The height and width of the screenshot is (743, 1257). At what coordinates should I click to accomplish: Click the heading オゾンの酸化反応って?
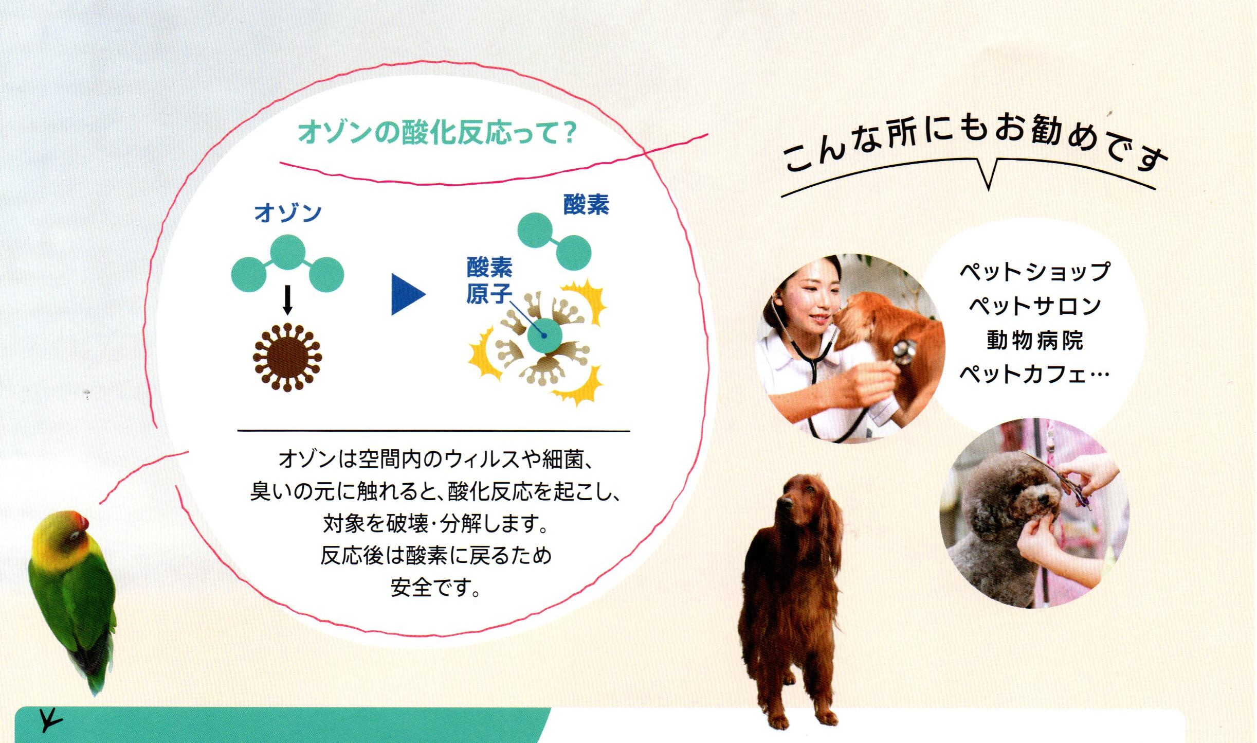438,133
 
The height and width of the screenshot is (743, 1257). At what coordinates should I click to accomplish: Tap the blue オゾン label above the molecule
288,213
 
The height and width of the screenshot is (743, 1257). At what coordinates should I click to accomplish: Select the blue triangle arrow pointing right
408,294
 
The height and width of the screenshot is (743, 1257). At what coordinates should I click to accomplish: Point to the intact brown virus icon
287,357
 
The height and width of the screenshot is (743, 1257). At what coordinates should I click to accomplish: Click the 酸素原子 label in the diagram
489,280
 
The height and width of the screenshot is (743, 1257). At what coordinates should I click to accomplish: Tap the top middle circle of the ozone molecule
288,252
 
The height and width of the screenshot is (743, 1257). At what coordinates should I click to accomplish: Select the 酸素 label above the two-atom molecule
586,205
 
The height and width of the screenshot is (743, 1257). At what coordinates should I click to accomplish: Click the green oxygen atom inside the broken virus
545,335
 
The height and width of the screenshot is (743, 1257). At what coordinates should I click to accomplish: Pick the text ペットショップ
1035,272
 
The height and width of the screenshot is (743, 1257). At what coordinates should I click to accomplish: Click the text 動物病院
1035,341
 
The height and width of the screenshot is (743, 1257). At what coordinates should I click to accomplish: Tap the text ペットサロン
1035,306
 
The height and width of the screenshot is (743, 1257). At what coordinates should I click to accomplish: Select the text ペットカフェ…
1035,374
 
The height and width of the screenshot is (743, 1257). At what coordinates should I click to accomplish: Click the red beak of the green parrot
82,522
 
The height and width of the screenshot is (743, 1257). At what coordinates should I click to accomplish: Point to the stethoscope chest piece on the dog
904,351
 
